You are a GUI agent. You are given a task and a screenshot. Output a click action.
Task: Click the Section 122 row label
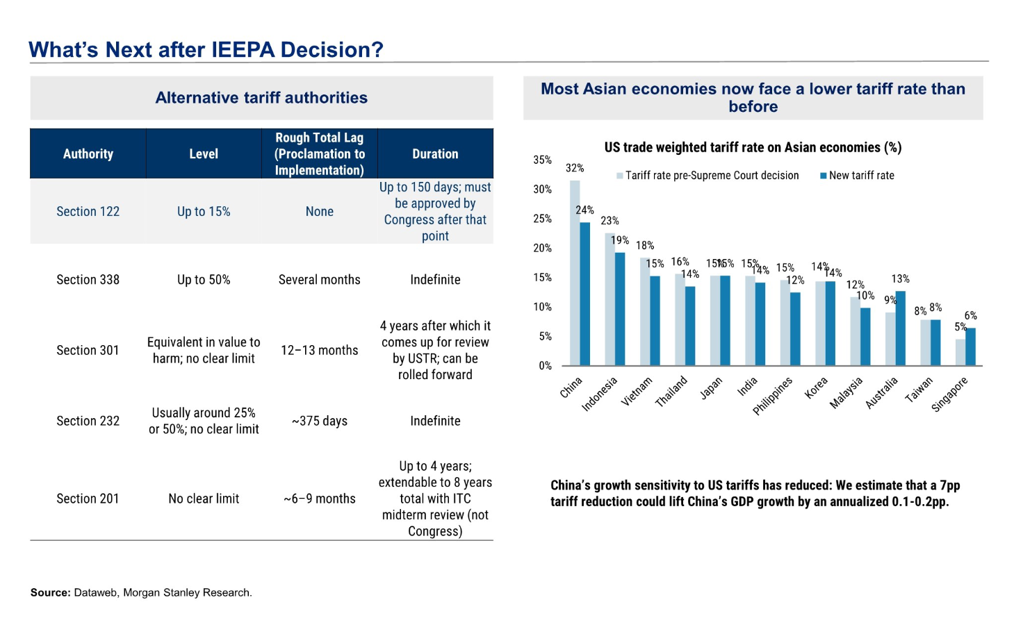pyautogui.click(x=88, y=212)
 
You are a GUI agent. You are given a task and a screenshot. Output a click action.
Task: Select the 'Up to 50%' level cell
pyautogui.click(x=204, y=280)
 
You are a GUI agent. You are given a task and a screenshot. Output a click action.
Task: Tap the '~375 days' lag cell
pyautogui.click(x=320, y=421)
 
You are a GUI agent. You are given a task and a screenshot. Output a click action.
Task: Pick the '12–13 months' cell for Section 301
pyautogui.click(x=320, y=351)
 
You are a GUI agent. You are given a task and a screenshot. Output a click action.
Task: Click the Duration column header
pyautogui.click(x=435, y=154)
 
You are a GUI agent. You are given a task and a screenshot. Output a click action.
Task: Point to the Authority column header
pyautogui.click(x=88, y=154)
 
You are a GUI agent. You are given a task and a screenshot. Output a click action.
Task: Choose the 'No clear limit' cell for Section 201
pyautogui.click(x=204, y=499)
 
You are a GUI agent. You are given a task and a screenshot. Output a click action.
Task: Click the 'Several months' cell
pyautogui.click(x=320, y=280)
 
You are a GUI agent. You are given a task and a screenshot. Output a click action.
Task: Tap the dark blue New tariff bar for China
pyautogui.click(x=585, y=294)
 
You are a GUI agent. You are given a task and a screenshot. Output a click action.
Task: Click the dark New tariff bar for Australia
pyautogui.click(x=901, y=328)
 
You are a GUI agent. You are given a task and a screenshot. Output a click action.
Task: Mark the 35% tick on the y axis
pyautogui.click(x=543, y=160)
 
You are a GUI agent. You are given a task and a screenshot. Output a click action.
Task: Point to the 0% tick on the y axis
pyautogui.click(x=546, y=366)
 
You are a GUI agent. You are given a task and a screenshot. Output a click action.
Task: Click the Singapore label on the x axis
pyautogui.click(x=949, y=395)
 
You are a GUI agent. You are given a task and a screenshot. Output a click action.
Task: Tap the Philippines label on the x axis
pyautogui.click(x=773, y=396)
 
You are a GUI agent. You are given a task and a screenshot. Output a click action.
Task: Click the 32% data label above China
pyautogui.click(x=575, y=168)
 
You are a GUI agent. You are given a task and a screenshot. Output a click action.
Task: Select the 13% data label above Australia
pyautogui.click(x=901, y=279)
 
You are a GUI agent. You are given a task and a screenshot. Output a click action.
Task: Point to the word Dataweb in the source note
pyautogui.click(x=95, y=593)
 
